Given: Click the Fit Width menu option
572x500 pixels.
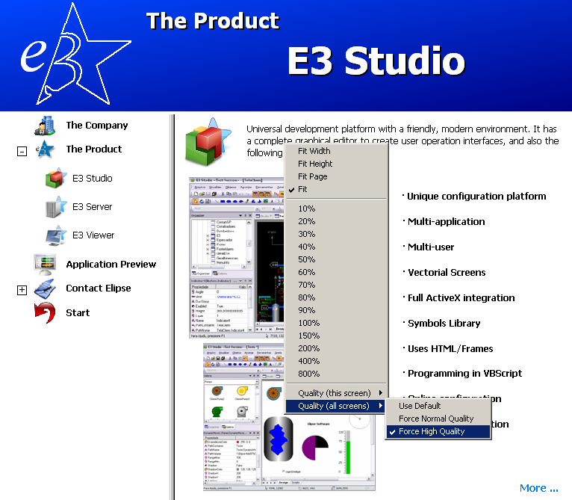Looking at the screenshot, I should point(314,151).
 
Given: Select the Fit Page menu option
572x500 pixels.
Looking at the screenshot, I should point(312,176).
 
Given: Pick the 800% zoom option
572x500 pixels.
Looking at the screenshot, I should point(308,374).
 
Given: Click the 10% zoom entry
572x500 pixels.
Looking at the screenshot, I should point(306,209).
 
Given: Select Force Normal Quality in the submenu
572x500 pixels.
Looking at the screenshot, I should point(436,419).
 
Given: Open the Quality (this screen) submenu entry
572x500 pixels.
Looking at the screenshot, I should point(334,393).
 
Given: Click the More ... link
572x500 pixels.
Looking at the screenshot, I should point(538,488).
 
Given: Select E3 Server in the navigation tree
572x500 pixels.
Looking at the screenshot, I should point(92,207).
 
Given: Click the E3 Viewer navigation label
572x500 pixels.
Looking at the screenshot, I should point(93,235).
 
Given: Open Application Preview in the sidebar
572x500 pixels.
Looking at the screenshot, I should point(111,264).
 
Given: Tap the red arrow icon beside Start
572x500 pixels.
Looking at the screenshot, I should point(45,312).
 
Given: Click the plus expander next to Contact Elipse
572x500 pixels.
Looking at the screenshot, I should point(22,290).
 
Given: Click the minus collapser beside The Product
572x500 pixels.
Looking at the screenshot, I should point(22,151).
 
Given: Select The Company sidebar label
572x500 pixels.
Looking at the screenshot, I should point(96,126).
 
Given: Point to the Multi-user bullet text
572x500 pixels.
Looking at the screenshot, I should point(431,247).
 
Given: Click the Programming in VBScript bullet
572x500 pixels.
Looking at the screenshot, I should point(464,373).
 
